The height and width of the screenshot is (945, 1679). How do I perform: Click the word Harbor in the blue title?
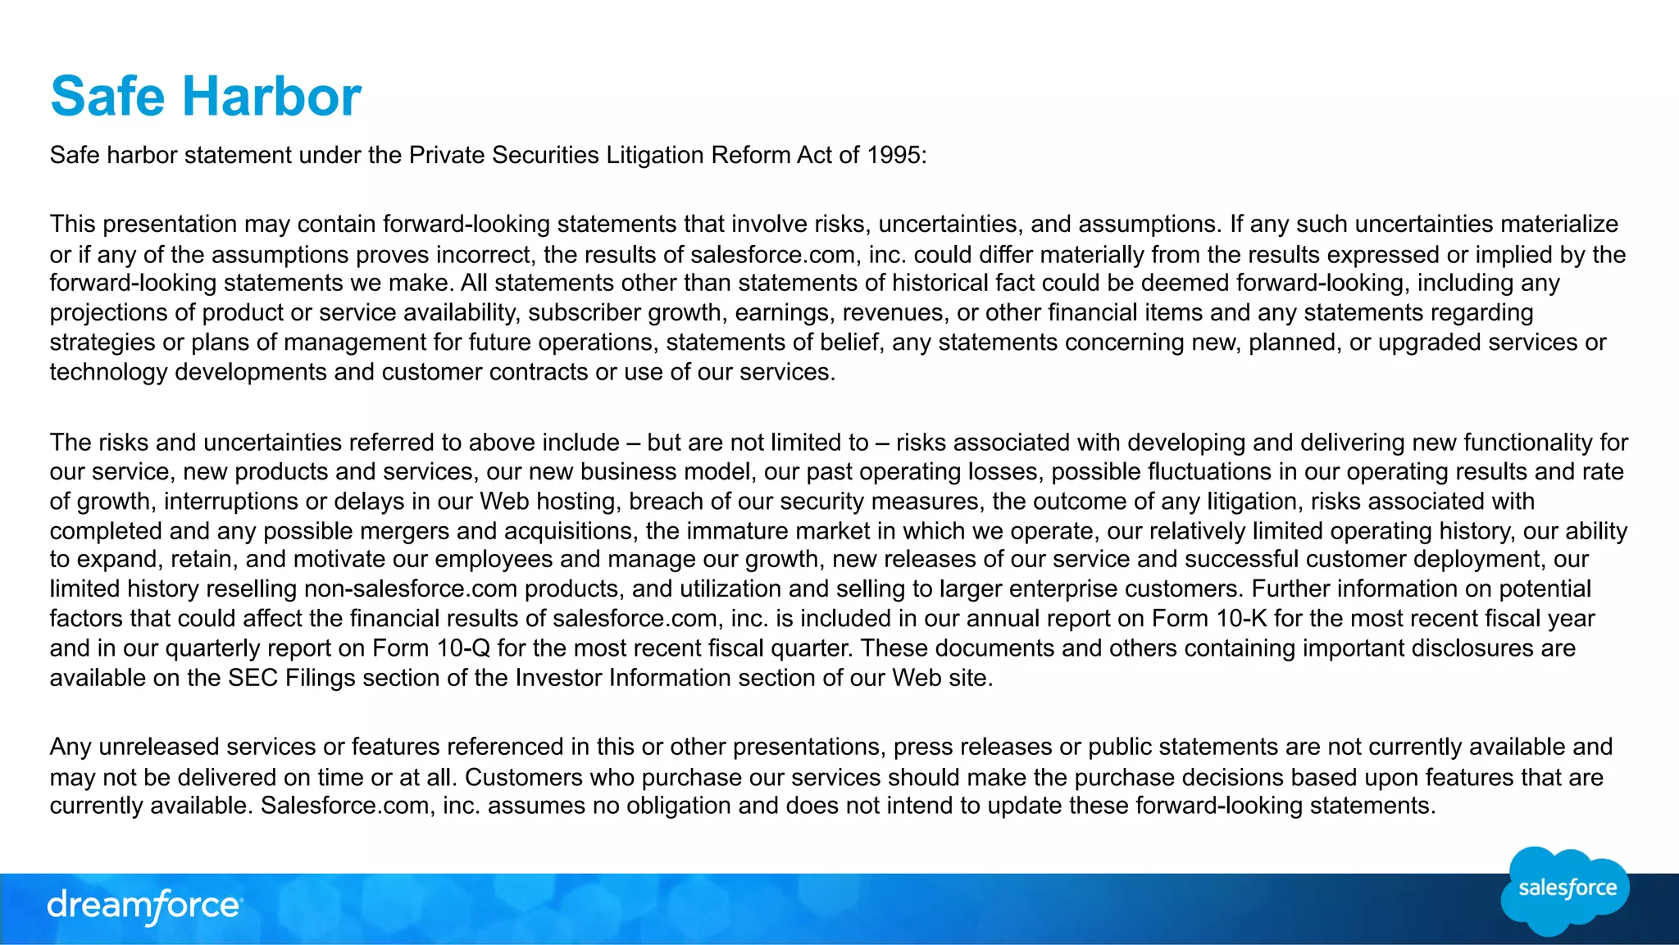pos(271,97)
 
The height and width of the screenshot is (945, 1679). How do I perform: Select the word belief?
pos(850,343)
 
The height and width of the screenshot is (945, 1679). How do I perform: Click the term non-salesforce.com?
pos(411,589)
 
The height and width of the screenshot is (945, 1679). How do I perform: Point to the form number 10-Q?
pos(463,648)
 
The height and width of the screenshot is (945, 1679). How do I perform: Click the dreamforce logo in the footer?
pos(144,906)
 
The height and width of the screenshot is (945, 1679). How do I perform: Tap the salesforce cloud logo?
pos(1565,890)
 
